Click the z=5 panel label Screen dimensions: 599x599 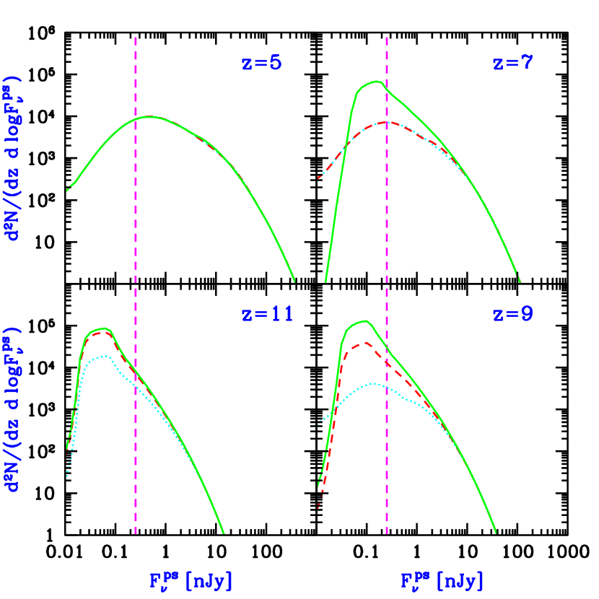(x=261, y=63)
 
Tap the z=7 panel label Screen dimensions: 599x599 (x=513, y=63)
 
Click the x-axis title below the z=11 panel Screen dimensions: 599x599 (x=191, y=580)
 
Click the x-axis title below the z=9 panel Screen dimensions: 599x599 (x=442, y=580)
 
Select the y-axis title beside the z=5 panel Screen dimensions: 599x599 (x=14, y=157)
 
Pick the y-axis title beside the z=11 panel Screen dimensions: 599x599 (x=14, y=409)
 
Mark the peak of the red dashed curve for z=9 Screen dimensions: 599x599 (x=367, y=343)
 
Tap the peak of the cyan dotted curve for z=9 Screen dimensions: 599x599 (x=372, y=383)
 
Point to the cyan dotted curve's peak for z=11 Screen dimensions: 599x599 (x=106, y=356)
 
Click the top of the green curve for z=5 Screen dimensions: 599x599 (x=149, y=116)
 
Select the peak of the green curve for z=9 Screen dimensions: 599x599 (x=367, y=321)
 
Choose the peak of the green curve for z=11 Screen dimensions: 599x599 (x=105, y=328)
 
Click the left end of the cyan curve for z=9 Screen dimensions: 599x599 (x=319, y=424)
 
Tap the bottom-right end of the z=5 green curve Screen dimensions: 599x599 (x=294, y=280)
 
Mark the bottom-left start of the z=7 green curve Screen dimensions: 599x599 (x=325, y=281)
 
